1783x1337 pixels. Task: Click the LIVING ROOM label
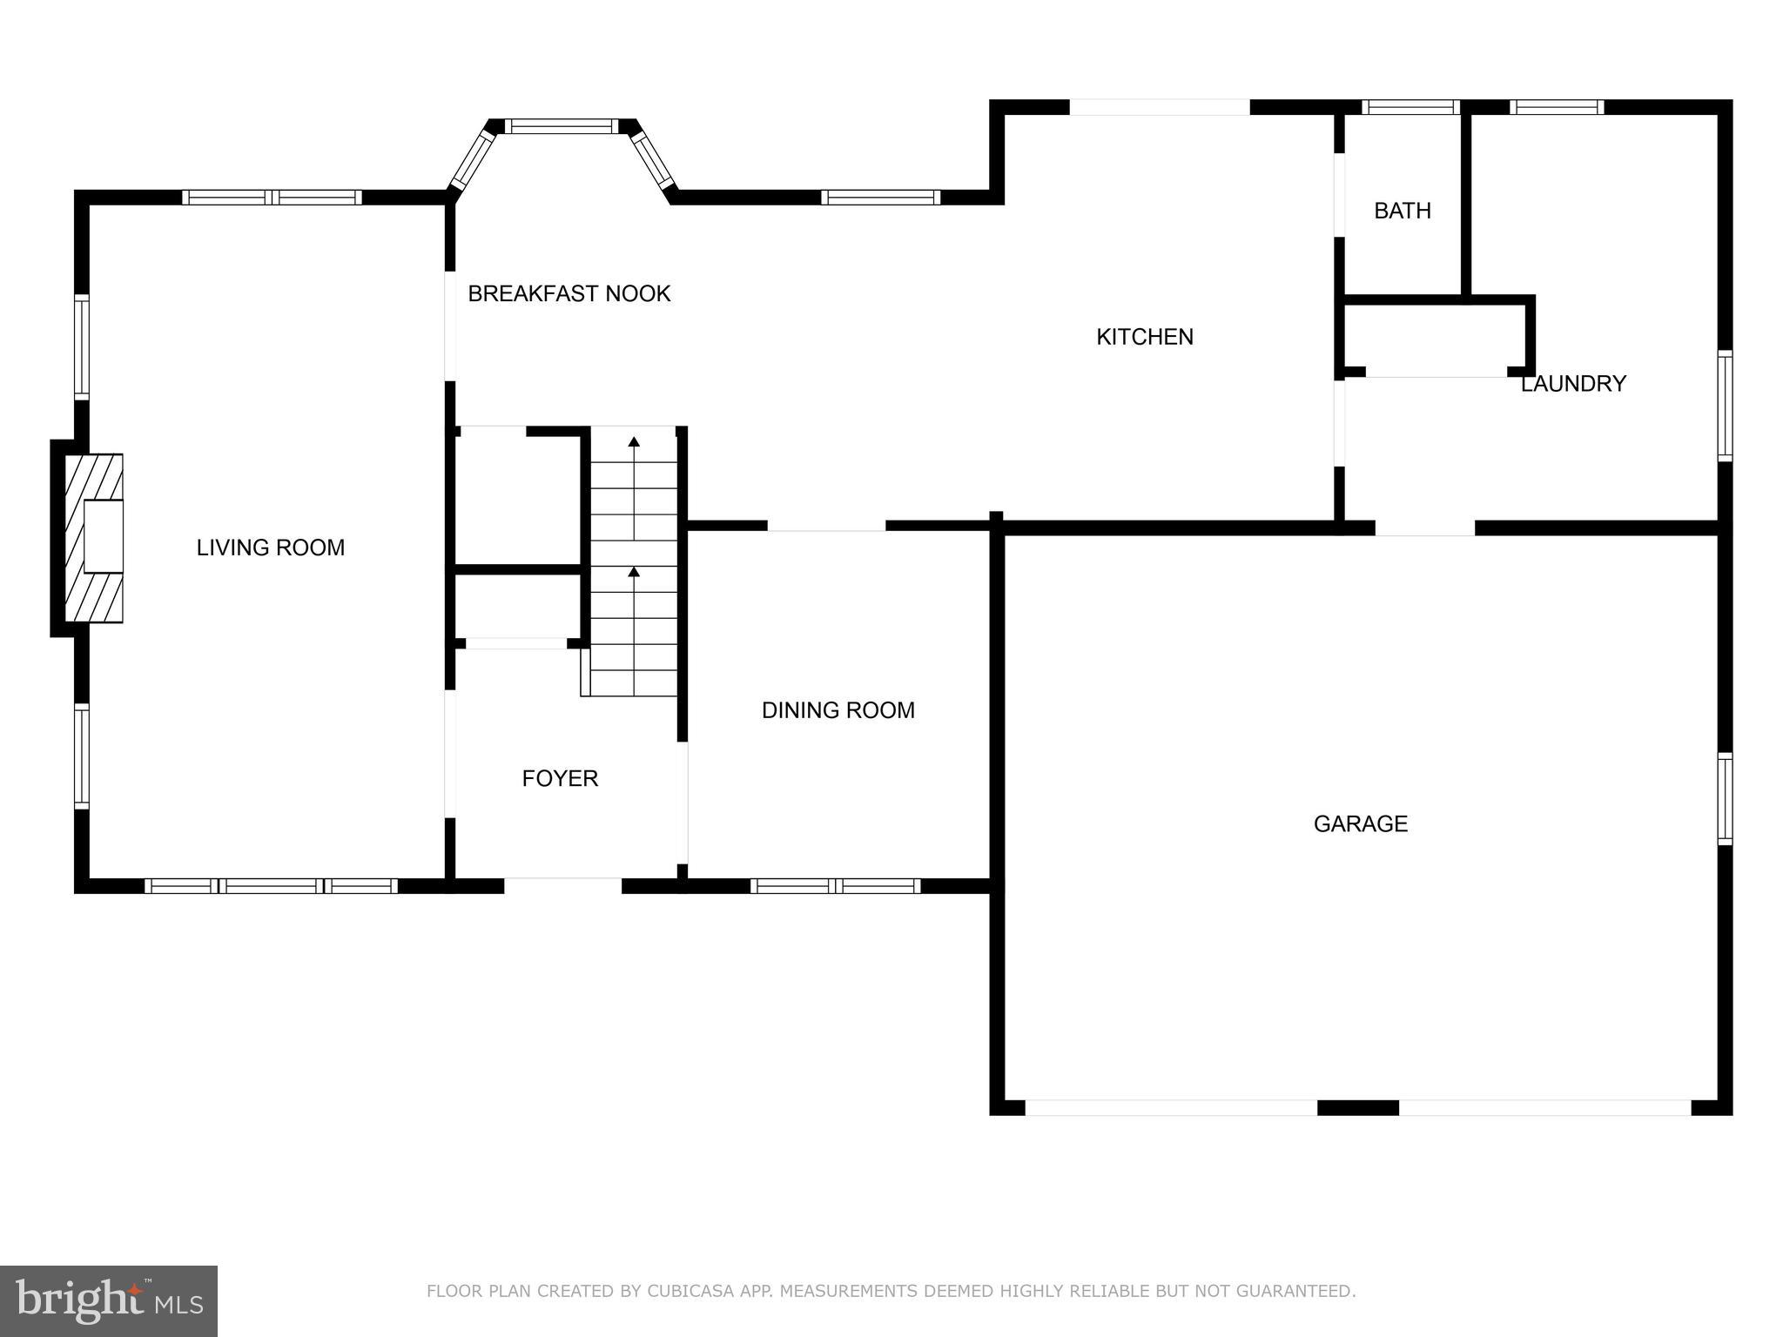(270, 548)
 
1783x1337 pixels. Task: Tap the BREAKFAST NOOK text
(569, 293)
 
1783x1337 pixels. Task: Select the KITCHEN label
(1144, 337)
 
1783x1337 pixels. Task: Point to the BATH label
(1402, 211)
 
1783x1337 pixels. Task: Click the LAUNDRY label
(1572, 384)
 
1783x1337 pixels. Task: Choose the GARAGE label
(1360, 823)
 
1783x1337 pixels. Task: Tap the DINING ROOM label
(838, 710)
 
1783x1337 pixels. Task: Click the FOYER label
(560, 778)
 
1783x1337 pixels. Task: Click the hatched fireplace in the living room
(94, 538)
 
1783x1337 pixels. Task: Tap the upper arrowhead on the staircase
(634, 442)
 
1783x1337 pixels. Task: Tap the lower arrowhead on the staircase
(634, 572)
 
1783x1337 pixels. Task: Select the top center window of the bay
(562, 126)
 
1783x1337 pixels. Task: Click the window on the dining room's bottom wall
(835, 886)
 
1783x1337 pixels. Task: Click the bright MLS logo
(109, 1300)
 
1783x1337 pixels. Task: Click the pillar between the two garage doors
(1357, 1108)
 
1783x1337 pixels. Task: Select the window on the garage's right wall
(1725, 799)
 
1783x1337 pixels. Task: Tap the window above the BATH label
(1410, 107)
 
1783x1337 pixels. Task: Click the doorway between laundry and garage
(1424, 527)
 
